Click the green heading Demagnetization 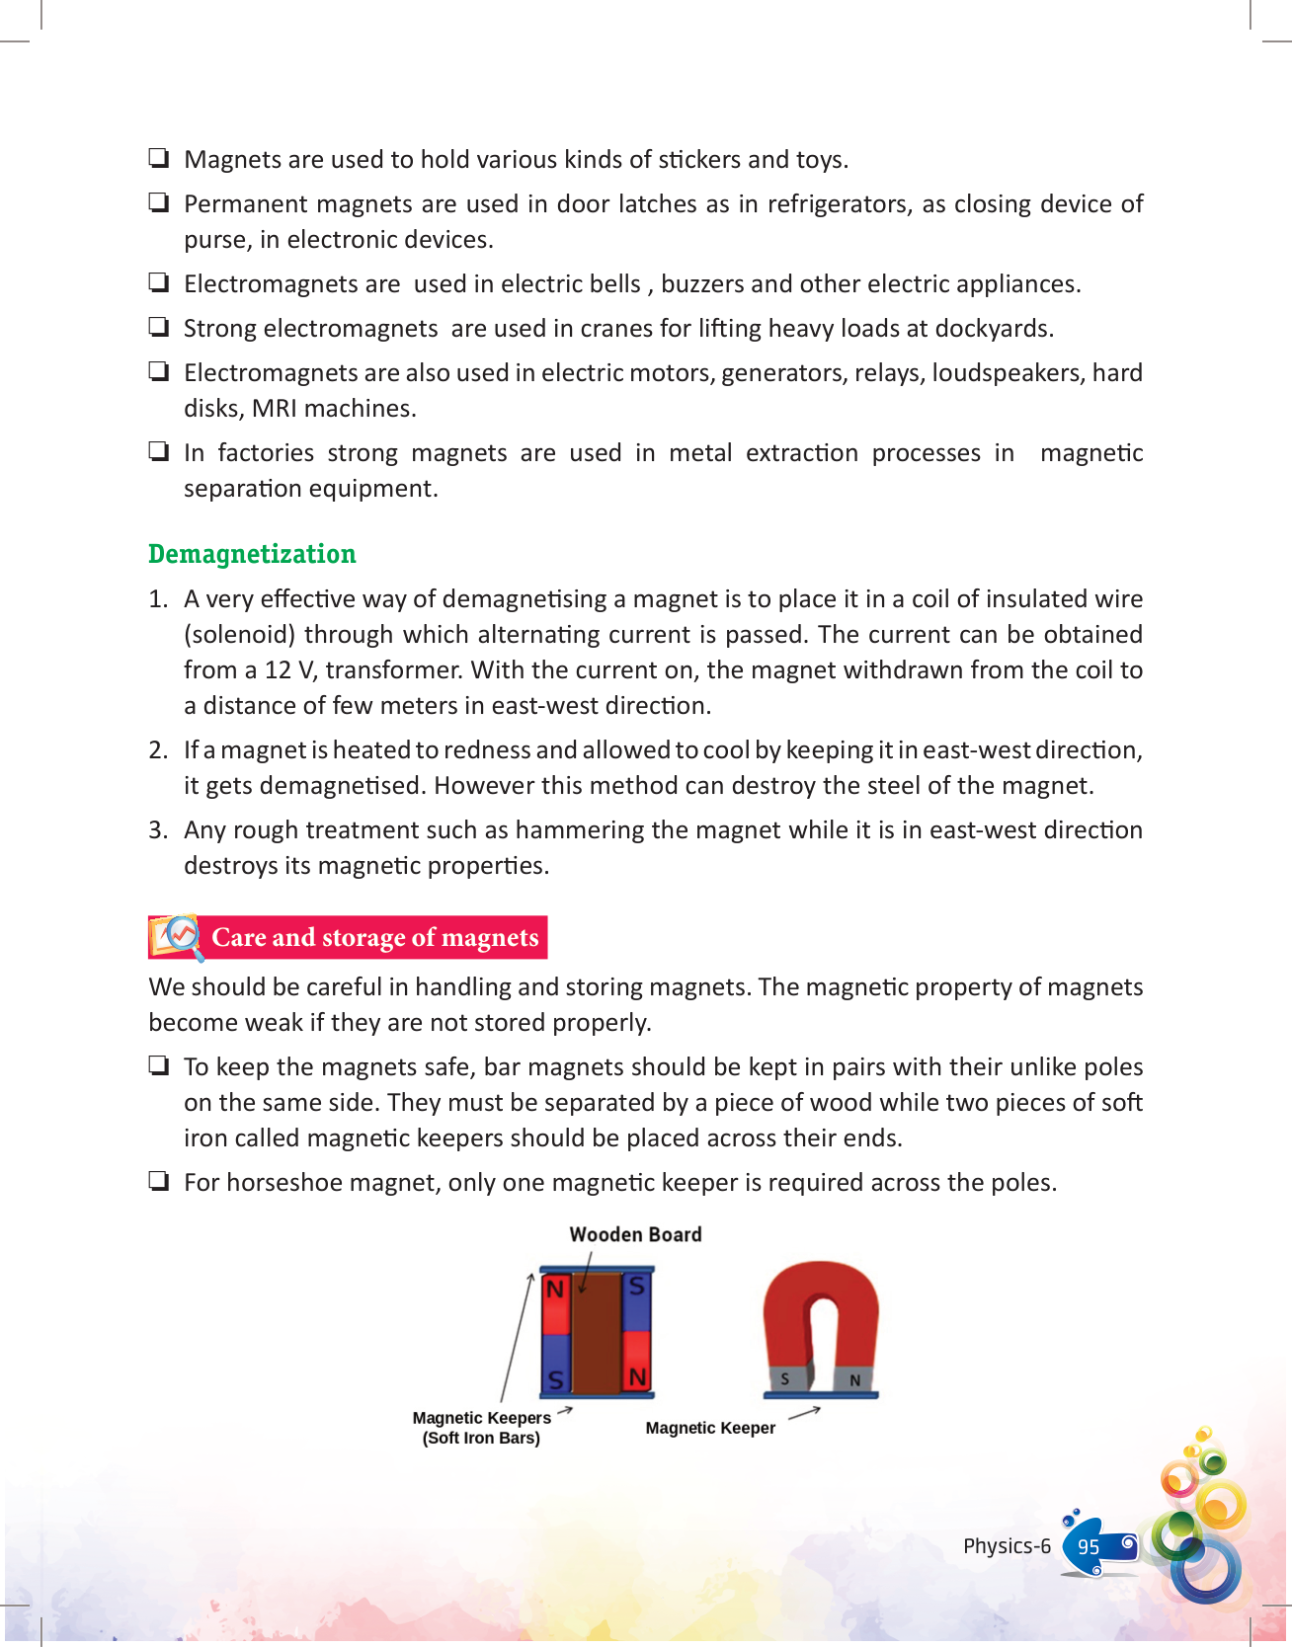(x=252, y=554)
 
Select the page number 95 (x=1089, y=1547)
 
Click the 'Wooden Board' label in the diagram (x=635, y=1234)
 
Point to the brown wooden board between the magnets (x=596, y=1333)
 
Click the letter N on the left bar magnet (x=555, y=1290)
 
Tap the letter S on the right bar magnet (x=637, y=1287)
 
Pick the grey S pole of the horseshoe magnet (x=785, y=1378)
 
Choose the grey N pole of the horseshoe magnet (x=854, y=1379)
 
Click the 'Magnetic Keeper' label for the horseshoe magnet (x=710, y=1428)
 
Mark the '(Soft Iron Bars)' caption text (x=481, y=1439)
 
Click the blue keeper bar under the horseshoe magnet (x=821, y=1395)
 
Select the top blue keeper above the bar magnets (x=597, y=1269)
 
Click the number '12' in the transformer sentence (x=278, y=670)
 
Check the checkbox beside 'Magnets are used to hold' (x=158, y=158)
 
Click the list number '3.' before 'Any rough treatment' (x=158, y=830)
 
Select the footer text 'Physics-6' (x=1007, y=1546)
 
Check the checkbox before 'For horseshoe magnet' (x=158, y=1181)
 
